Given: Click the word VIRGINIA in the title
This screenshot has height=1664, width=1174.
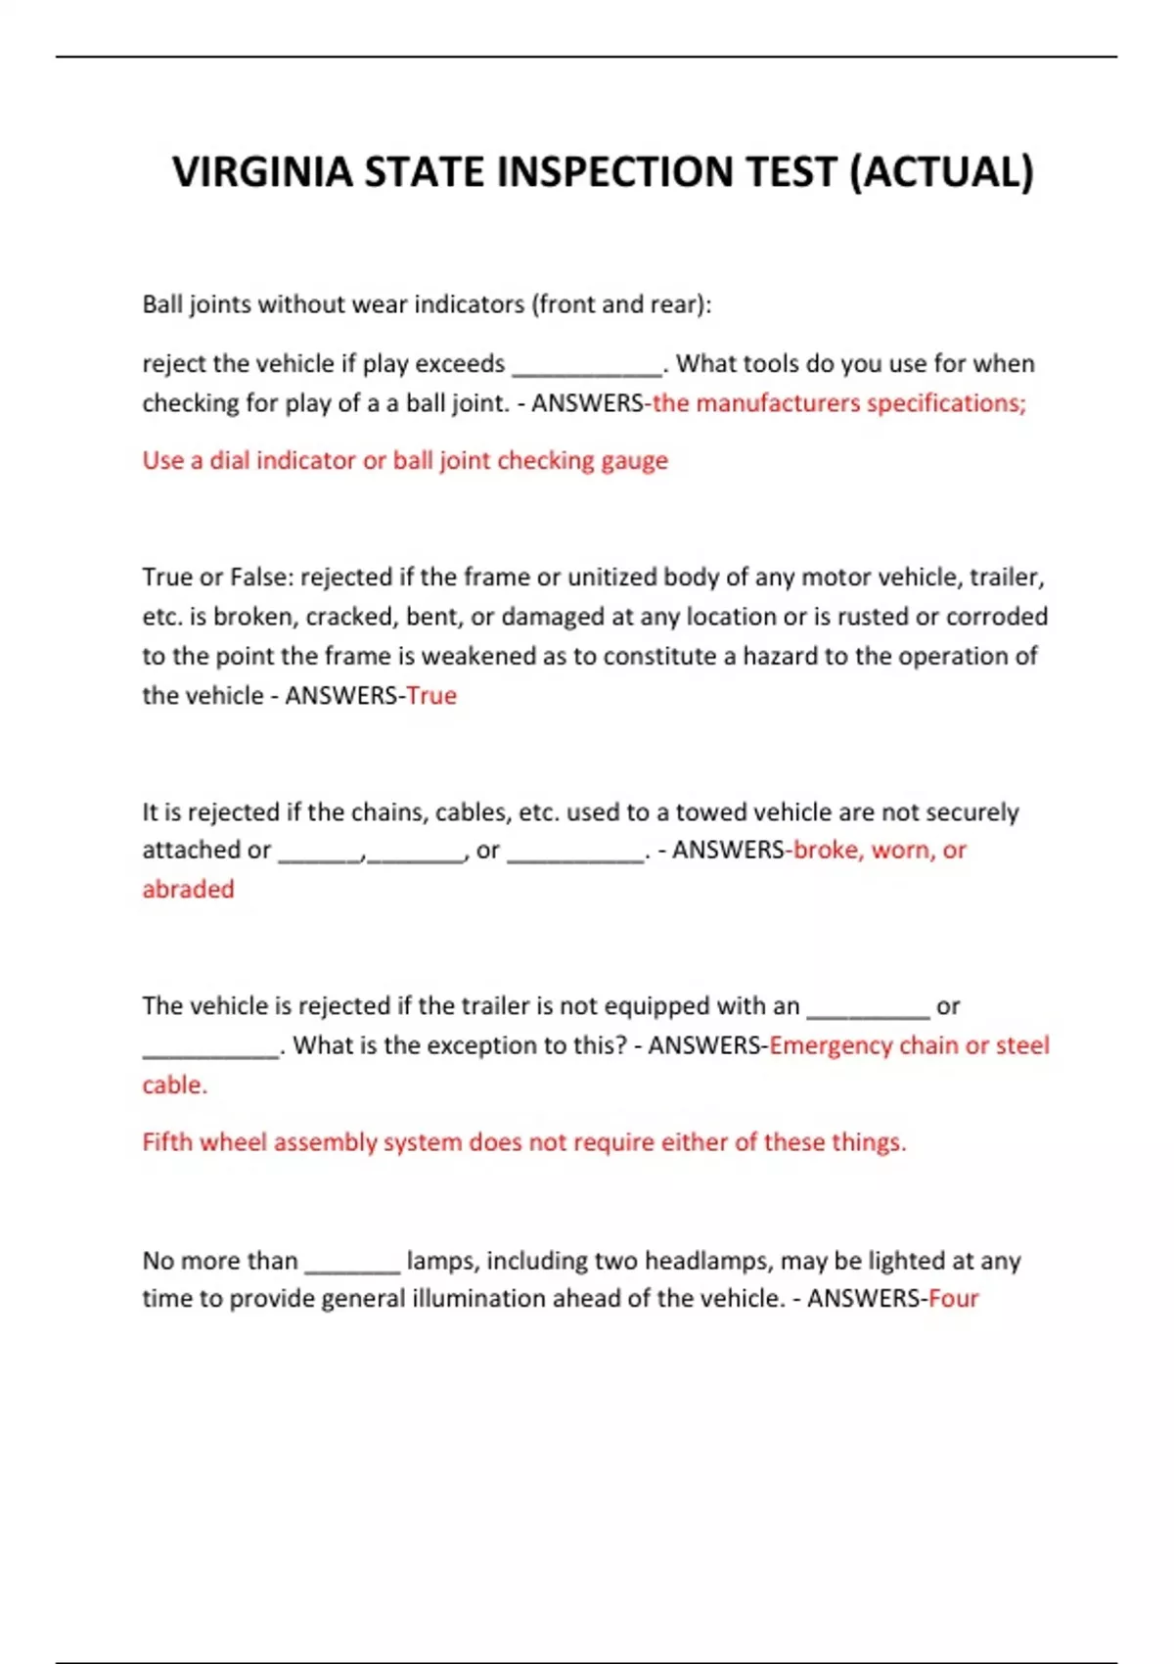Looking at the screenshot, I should click(x=262, y=172).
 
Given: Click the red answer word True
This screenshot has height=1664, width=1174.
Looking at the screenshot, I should click(x=431, y=696).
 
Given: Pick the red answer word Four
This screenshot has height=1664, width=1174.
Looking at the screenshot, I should click(x=953, y=1299).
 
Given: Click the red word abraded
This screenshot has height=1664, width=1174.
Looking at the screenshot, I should click(x=188, y=890).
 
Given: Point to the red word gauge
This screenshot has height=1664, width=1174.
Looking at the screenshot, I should click(x=634, y=461).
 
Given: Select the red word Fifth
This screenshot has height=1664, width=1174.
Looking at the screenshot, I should click(x=167, y=1142).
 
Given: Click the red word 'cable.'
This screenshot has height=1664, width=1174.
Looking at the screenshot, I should click(x=174, y=1086).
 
